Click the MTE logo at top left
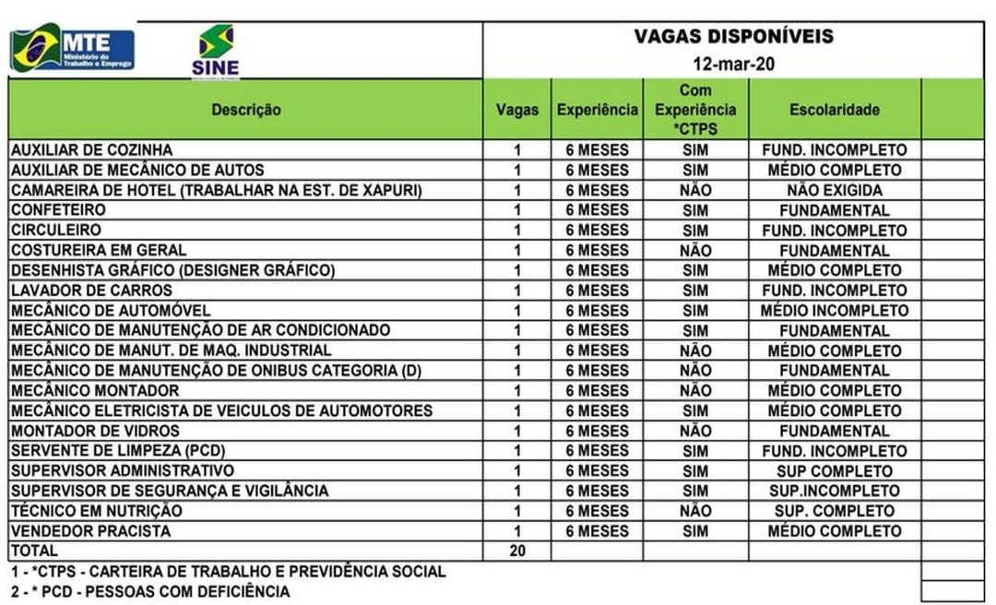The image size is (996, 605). pyautogui.click(x=72, y=49)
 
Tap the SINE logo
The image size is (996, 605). pyautogui.click(x=216, y=51)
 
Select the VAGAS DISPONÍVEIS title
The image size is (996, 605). pyautogui.click(x=733, y=37)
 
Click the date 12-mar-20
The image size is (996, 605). pyautogui.click(x=733, y=65)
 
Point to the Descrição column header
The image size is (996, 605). pyautogui.click(x=245, y=110)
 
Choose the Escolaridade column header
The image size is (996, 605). pyautogui.click(x=834, y=110)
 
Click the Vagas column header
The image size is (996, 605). pyautogui.click(x=516, y=110)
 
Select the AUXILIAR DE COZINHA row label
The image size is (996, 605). pyautogui.click(x=91, y=150)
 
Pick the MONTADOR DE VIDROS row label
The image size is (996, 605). pyautogui.click(x=95, y=431)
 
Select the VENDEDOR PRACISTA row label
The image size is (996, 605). pyautogui.click(x=90, y=531)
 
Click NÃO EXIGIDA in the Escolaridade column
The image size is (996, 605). pyautogui.click(x=834, y=191)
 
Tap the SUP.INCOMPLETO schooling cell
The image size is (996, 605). pyautogui.click(x=834, y=492)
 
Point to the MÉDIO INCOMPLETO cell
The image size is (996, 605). pyautogui.click(x=834, y=311)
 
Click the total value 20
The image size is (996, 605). pyautogui.click(x=516, y=552)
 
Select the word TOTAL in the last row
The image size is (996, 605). pyautogui.click(x=34, y=552)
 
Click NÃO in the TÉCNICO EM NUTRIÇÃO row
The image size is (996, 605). pyautogui.click(x=695, y=511)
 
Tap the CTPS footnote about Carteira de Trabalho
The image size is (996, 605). pyautogui.click(x=228, y=572)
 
